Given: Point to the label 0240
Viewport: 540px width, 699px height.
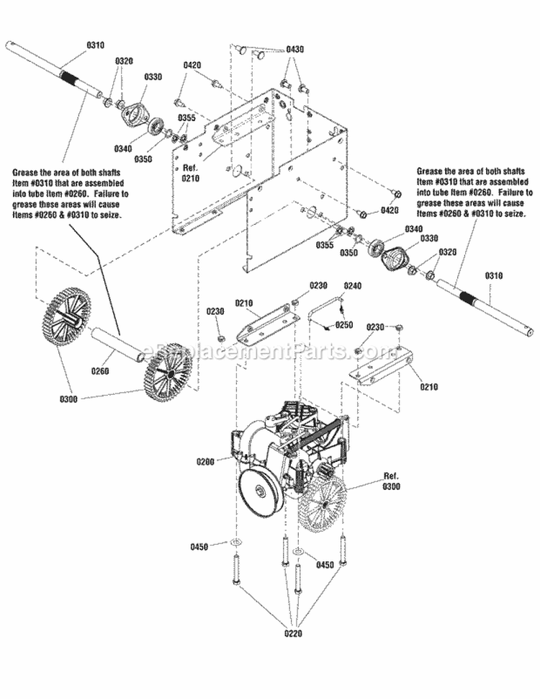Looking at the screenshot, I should coord(352,286).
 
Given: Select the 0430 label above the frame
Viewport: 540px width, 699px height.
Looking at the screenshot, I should coord(295,49).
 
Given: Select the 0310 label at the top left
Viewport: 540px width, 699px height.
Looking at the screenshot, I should coord(95,45).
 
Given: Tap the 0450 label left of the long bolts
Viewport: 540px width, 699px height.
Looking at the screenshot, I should coord(199,546).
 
